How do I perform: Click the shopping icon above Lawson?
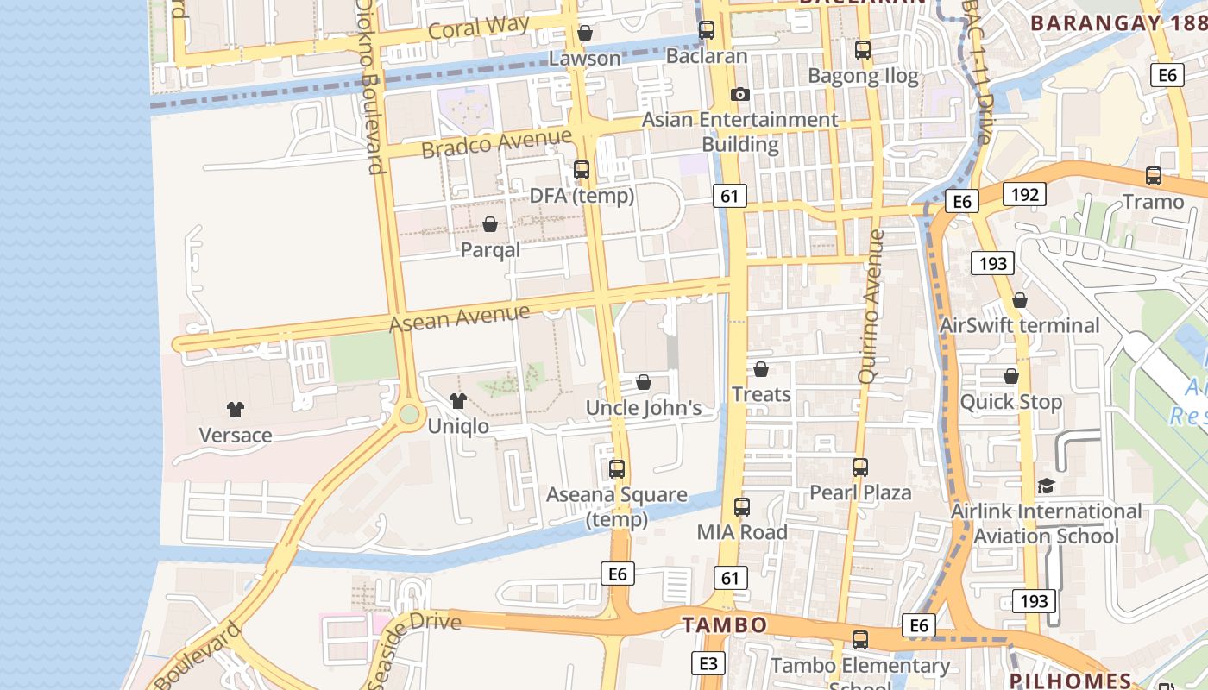[x=585, y=33]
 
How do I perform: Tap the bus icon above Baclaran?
[x=707, y=30]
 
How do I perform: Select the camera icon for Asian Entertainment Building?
[x=739, y=95]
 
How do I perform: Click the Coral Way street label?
[x=478, y=28]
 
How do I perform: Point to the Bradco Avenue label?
[x=496, y=142]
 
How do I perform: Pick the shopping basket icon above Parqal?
[x=490, y=224]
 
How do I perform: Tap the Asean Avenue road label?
[x=459, y=317]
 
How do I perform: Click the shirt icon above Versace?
[x=236, y=409]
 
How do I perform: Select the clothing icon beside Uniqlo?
[x=458, y=400]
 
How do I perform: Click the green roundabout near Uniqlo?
[x=409, y=415]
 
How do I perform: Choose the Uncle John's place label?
[x=644, y=408]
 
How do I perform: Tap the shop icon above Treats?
[x=761, y=369]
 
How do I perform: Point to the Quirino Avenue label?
[x=871, y=306]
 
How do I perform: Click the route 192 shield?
[x=1024, y=194]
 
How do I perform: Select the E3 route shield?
[x=708, y=663]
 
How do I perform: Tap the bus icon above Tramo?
[x=1154, y=176]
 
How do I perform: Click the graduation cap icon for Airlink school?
[x=1046, y=486]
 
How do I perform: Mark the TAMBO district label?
[x=725, y=624]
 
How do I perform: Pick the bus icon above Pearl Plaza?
[x=860, y=467]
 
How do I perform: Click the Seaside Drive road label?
[x=414, y=643]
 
